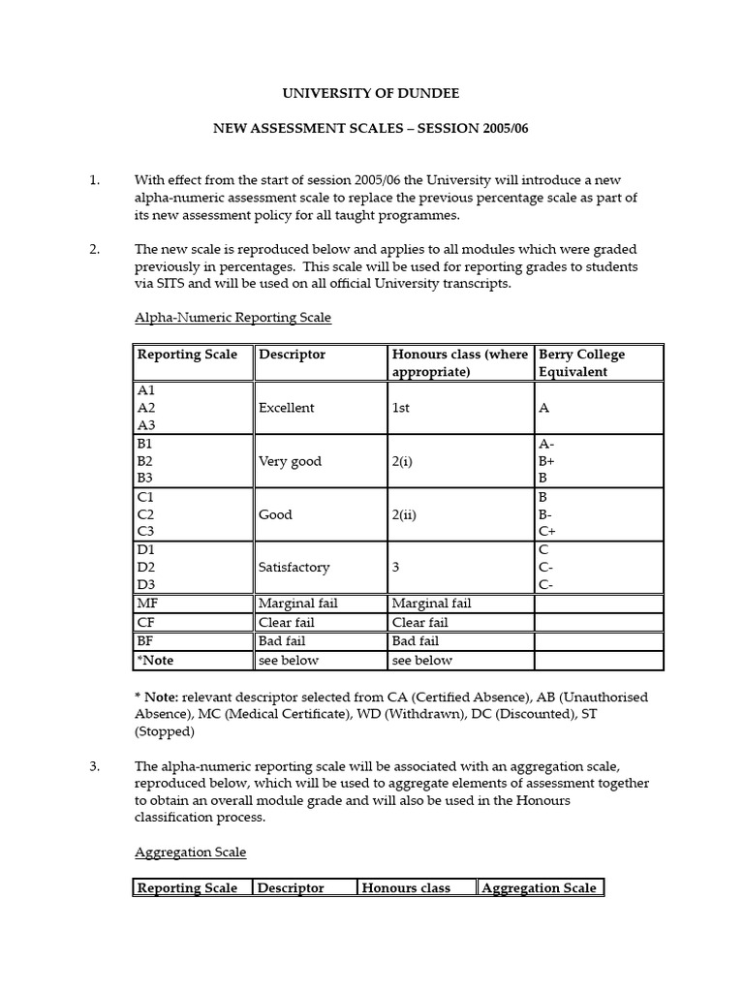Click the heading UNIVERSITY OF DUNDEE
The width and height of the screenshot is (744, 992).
click(371, 94)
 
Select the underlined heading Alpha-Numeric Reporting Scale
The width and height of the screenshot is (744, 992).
click(232, 317)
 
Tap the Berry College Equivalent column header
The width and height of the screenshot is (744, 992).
click(581, 363)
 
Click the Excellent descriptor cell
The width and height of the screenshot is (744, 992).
click(286, 408)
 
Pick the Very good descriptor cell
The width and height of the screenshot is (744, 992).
click(290, 461)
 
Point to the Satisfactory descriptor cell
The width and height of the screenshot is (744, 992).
click(294, 567)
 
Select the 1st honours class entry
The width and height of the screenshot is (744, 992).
click(400, 408)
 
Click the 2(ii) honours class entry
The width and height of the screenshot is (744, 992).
click(404, 514)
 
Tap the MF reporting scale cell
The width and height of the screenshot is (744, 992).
click(147, 604)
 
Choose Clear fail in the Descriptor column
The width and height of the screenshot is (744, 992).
click(286, 623)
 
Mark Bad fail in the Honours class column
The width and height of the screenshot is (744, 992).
click(415, 641)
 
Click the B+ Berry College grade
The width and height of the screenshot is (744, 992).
click(546, 461)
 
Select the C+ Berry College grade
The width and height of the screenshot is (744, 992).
click(546, 532)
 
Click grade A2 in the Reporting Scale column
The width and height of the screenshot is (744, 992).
click(146, 408)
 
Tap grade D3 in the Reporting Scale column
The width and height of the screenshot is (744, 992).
click(147, 584)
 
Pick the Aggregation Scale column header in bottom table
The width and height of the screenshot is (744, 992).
click(539, 887)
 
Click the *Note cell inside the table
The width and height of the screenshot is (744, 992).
click(156, 660)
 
